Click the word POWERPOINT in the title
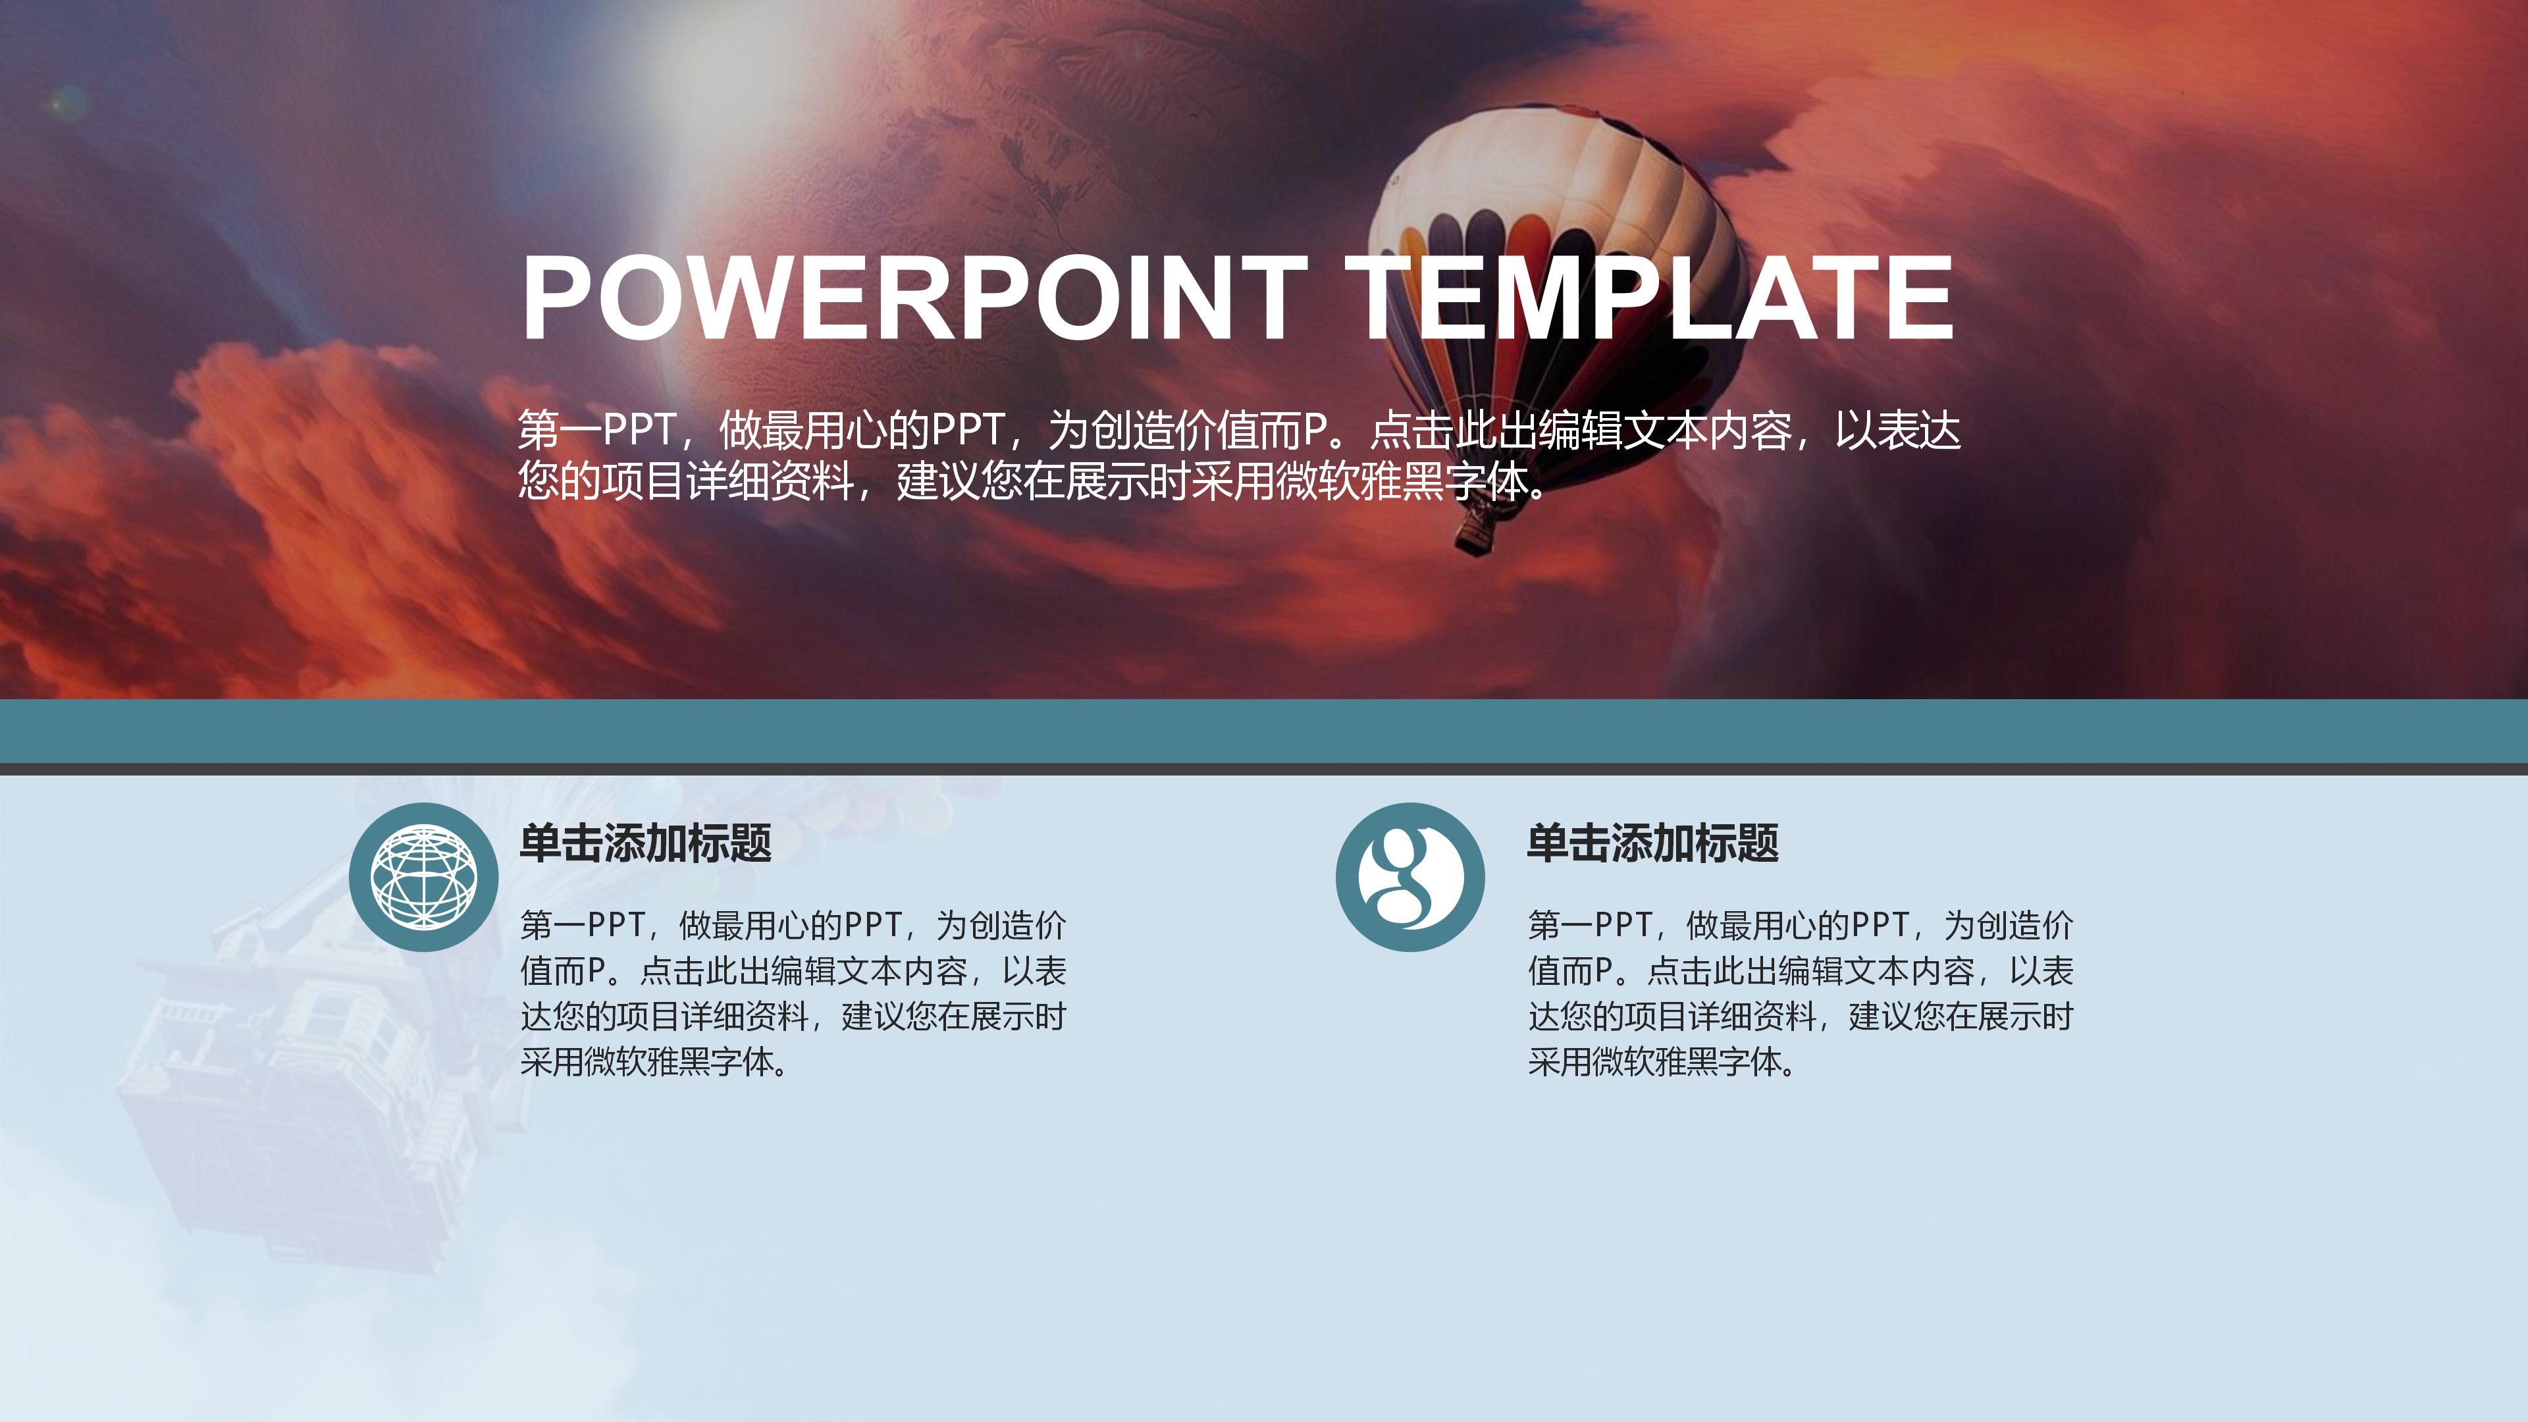coord(912,298)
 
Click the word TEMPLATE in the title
coord(1648,298)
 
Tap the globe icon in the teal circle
coord(424,876)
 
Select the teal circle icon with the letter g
coord(1410,876)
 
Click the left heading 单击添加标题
coord(646,843)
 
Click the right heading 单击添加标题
coord(1652,843)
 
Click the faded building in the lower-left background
coord(294,1080)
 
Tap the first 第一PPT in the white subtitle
coord(596,430)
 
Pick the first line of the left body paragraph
coord(793,924)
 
